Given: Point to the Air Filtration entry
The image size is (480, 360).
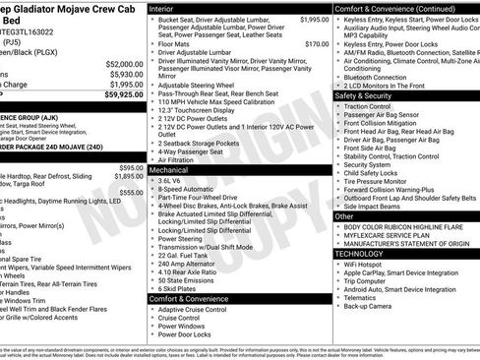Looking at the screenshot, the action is click(178, 158).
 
